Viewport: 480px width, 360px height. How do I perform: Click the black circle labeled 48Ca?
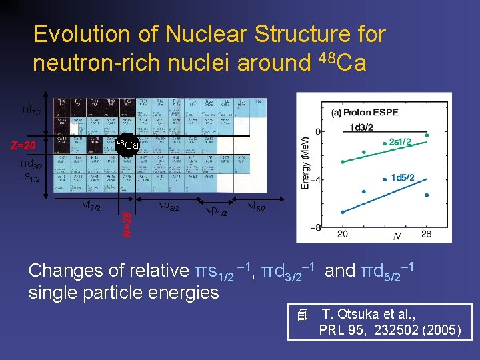[126, 145]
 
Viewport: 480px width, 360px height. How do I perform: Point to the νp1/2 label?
[216, 211]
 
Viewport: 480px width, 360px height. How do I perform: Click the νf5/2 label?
[256, 207]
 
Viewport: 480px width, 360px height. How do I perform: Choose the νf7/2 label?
[91, 207]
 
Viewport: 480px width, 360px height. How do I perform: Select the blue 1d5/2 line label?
[403, 177]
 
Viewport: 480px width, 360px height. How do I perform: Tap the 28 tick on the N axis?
[427, 234]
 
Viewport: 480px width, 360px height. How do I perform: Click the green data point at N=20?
[343, 162]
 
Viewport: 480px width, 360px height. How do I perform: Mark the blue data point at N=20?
[343, 212]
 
